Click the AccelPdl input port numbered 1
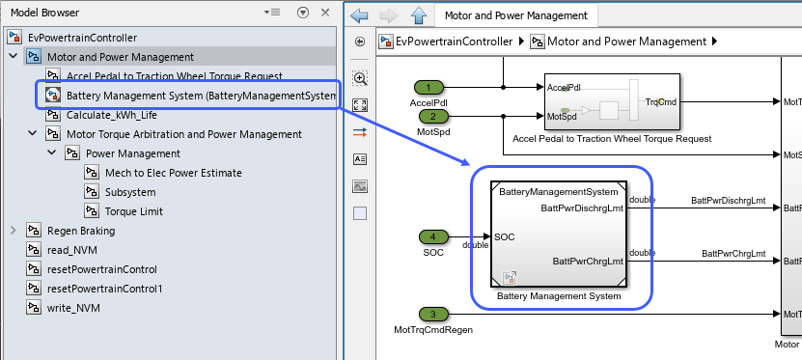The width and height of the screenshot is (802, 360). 429,87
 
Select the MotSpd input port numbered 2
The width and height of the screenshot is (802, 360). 429,117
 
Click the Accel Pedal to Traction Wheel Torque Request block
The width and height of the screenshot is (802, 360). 613,100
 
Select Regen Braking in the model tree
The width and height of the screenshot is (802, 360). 81,231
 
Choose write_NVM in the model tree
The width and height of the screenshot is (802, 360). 74,308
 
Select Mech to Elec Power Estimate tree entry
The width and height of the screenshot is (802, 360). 174,173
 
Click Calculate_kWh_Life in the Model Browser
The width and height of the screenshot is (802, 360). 111,115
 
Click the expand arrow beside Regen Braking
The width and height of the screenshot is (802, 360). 14,231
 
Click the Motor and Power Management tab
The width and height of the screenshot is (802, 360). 516,15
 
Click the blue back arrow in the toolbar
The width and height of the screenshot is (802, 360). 360,15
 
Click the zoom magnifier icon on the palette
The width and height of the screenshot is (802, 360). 360,77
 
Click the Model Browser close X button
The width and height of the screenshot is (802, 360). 325,13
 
